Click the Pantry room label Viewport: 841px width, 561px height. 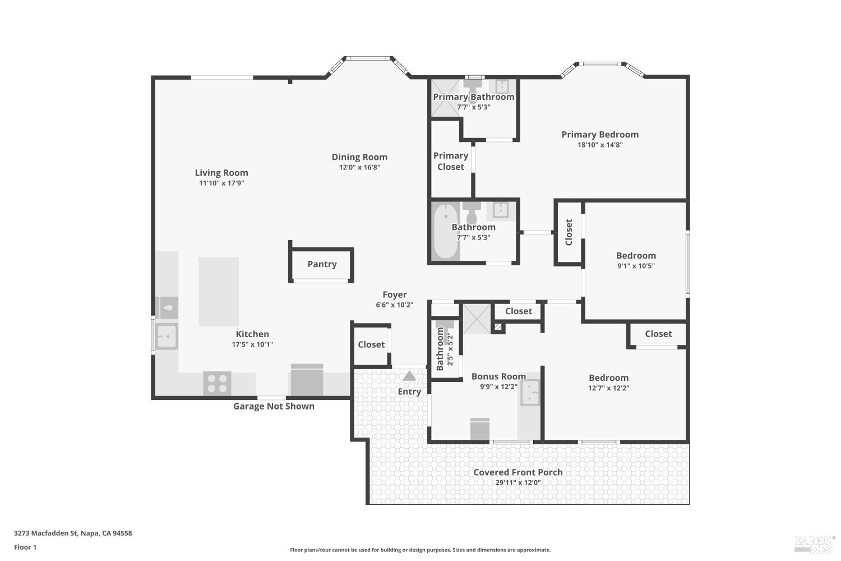322,264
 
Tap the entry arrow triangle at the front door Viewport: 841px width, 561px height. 409,376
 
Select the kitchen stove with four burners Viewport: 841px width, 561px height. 217,383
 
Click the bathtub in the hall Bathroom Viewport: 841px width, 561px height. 446,231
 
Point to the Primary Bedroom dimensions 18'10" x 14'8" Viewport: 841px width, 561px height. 600,145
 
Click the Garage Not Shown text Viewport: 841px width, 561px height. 274,406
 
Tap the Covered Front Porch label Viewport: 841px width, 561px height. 517,472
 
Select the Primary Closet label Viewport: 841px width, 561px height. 451,161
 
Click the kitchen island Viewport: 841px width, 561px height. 219,291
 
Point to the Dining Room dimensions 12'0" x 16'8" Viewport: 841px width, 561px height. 360,167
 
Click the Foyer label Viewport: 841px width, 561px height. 395,295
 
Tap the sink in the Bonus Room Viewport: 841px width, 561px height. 530,393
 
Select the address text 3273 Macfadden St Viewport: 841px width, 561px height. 46,533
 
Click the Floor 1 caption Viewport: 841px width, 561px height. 25,547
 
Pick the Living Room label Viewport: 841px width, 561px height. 221,173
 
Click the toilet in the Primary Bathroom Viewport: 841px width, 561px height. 473,90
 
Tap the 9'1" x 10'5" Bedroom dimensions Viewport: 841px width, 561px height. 636,266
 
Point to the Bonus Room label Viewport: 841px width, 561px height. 498,376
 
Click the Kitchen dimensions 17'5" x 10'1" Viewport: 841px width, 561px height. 252,344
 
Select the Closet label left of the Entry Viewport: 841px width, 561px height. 371,344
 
